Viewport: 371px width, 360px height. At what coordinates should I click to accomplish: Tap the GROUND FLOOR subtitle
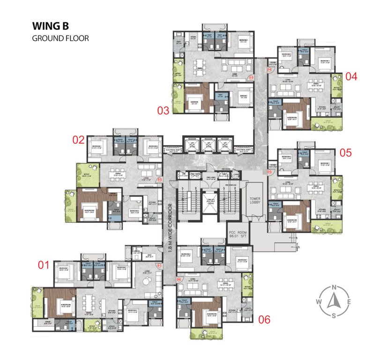pyautogui.click(x=60, y=38)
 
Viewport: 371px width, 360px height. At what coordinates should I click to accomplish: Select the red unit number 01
pyautogui.click(x=44, y=265)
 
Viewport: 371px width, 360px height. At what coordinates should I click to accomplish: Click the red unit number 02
pyautogui.click(x=78, y=139)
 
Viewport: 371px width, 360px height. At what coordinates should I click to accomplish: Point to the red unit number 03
pyautogui.click(x=163, y=111)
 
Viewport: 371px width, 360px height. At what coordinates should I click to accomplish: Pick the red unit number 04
pyautogui.click(x=351, y=76)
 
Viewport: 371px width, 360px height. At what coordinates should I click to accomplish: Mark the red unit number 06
pyautogui.click(x=264, y=320)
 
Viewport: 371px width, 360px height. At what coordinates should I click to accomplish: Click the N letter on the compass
pyautogui.click(x=334, y=287)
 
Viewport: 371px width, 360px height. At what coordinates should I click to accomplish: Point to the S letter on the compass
pyautogui.click(x=334, y=315)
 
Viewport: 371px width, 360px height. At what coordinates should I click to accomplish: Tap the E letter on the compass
pyautogui.click(x=348, y=301)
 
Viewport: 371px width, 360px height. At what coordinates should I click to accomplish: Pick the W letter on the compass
pyautogui.click(x=319, y=301)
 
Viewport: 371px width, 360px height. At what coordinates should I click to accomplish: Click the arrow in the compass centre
pyautogui.click(x=334, y=301)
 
